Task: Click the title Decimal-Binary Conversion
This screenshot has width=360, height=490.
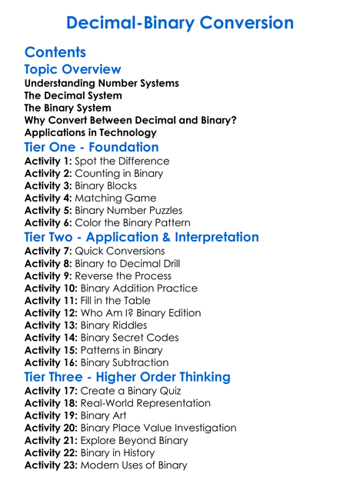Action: tap(180, 23)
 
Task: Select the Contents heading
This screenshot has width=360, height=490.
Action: tap(55, 53)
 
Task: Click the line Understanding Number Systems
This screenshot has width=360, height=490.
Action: tap(102, 83)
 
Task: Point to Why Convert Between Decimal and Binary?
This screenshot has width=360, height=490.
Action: tap(130, 120)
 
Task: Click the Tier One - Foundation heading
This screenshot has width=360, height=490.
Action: tap(92, 147)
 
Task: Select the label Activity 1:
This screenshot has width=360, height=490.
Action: tap(48, 162)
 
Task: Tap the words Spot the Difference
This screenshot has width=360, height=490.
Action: tap(122, 162)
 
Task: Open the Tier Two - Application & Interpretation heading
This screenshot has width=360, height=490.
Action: tap(142, 237)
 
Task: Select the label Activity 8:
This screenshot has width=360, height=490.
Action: tap(48, 264)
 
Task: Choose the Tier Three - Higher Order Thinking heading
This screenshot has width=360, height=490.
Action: tap(127, 377)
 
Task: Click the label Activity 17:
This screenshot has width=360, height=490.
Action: tap(52, 391)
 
